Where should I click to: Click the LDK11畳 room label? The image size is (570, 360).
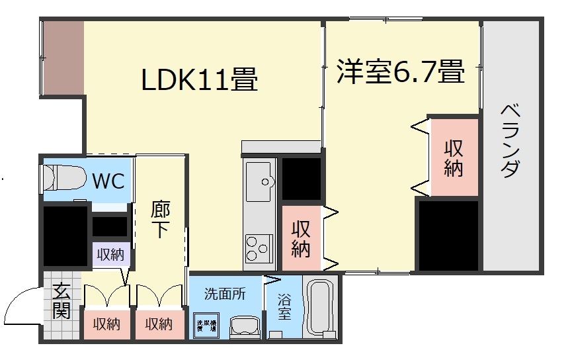(x=199, y=79)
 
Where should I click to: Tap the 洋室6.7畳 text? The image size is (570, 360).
(x=399, y=71)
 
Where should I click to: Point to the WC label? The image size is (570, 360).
(x=108, y=180)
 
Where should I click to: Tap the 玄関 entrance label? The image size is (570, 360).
(x=61, y=301)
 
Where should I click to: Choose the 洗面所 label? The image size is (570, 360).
(x=224, y=293)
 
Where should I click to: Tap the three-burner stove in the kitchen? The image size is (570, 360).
(x=258, y=249)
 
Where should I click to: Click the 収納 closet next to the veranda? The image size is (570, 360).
(x=453, y=157)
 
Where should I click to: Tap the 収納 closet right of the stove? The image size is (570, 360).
(x=302, y=238)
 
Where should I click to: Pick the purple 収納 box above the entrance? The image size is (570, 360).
(x=110, y=255)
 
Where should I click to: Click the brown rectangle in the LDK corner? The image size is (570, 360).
(x=63, y=58)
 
